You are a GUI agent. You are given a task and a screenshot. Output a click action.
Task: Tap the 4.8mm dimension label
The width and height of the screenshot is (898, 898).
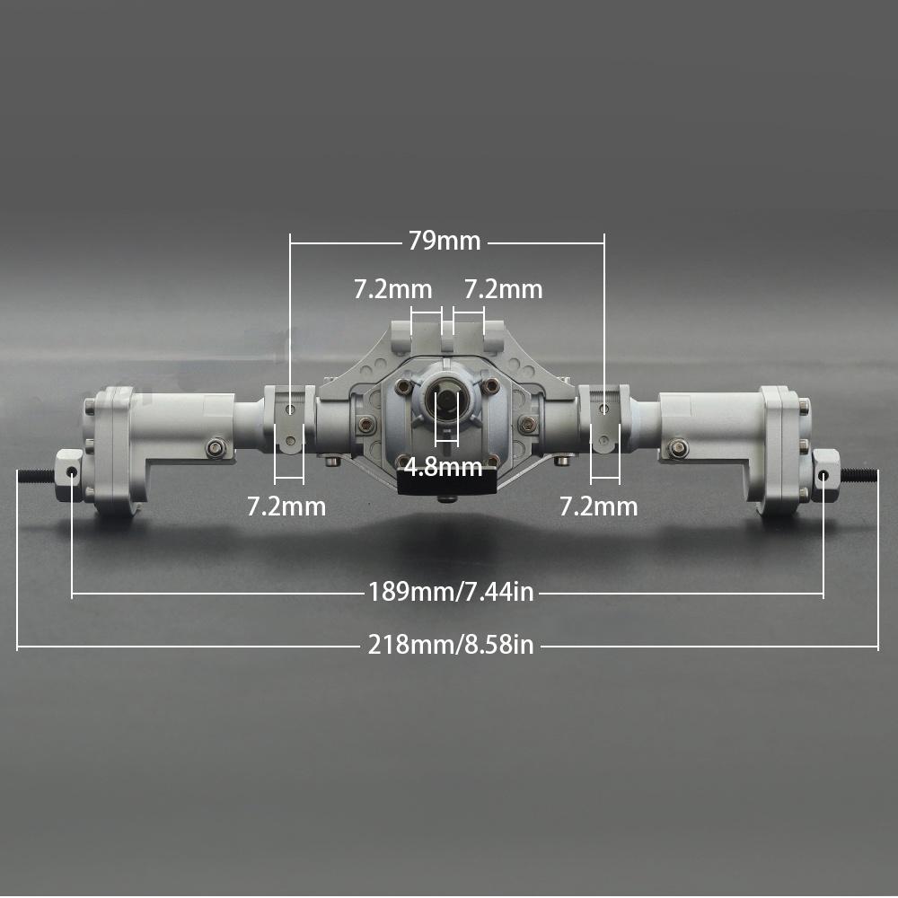(x=443, y=467)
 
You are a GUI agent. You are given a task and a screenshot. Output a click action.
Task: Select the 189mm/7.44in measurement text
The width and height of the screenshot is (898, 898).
(x=451, y=592)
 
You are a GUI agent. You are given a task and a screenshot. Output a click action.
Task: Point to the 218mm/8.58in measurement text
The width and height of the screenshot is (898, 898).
(x=451, y=645)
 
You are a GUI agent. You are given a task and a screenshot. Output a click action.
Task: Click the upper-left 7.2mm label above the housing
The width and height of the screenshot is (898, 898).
(x=392, y=290)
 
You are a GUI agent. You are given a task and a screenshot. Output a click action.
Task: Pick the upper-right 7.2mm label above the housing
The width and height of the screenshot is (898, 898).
(x=503, y=290)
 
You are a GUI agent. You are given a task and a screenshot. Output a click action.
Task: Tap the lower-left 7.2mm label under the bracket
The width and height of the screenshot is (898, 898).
(x=286, y=506)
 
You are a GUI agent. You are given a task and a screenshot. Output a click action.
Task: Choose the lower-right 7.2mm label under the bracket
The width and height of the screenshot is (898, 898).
(x=598, y=506)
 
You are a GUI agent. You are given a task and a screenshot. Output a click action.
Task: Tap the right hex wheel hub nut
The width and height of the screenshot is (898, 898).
(x=825, y=471)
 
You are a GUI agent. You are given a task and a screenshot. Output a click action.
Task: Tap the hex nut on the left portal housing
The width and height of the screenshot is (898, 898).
(x=216, y=446)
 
